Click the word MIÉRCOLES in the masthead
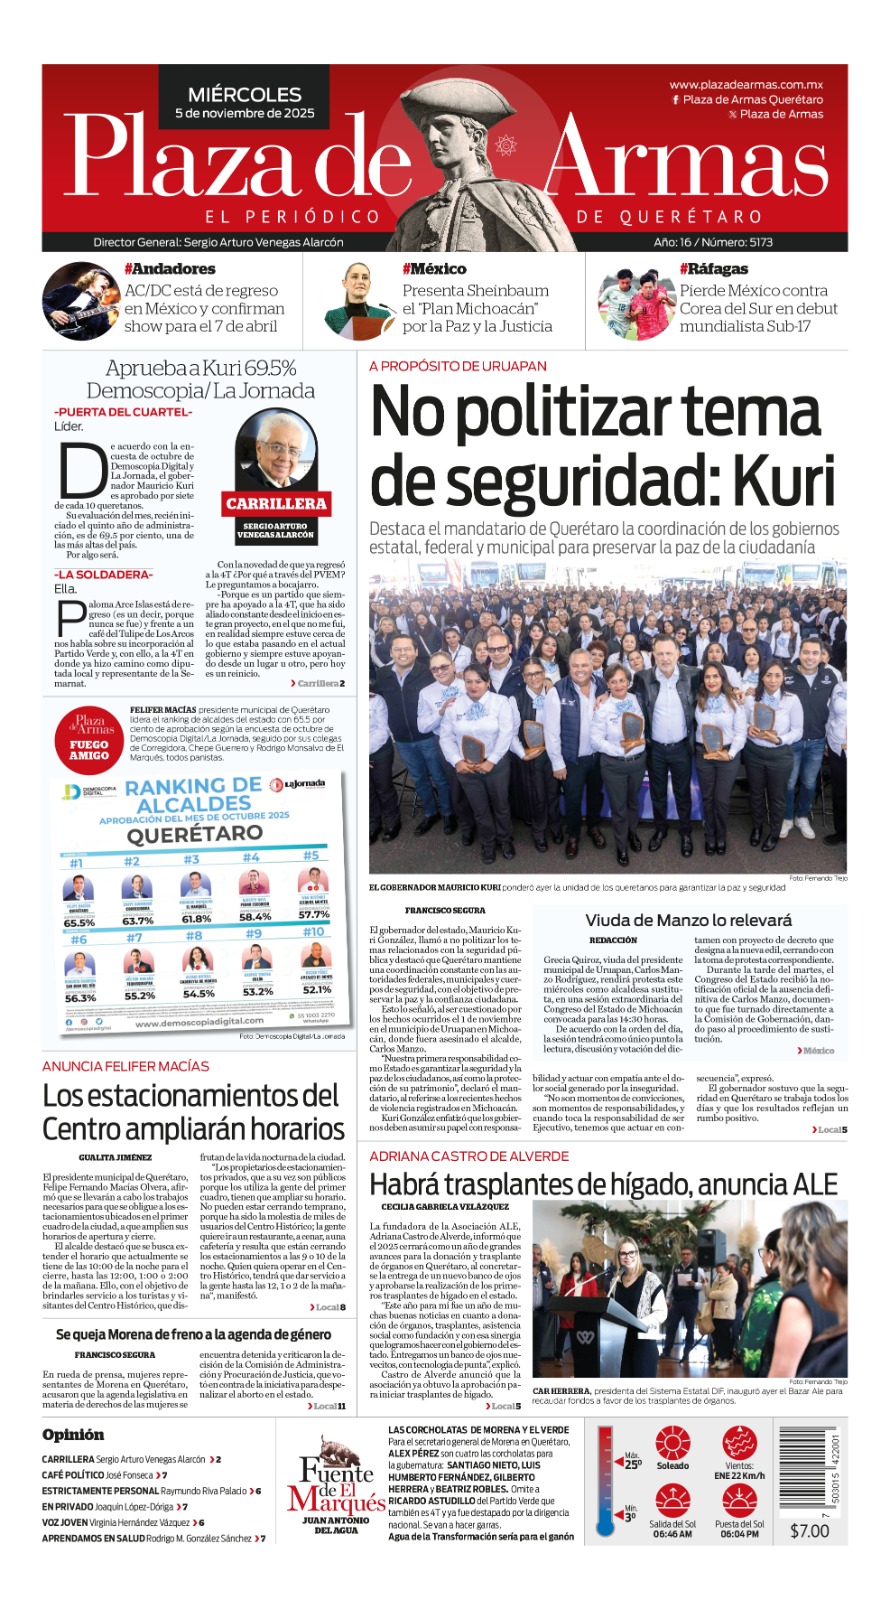click(x=244, y=94)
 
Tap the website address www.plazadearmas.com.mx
click(x=746, y=85)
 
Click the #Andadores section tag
click(x=169, y=269)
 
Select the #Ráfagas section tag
click(x=713, y=269)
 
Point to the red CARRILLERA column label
click(x=276, y=503)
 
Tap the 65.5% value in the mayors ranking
click(x=80, y=922)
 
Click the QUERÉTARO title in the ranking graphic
click(x=194, y=834)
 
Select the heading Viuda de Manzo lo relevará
click(x=688, y=920)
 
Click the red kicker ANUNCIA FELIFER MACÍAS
click(x=126, y=1066)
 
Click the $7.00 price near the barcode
click(x=809, y=1531)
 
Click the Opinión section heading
click(x=73, y=1434)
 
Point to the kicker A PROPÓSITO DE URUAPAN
click(x=458, y=366)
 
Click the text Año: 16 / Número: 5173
click(x=713, y=242)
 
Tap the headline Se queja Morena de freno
click(x=193, y=1334)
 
